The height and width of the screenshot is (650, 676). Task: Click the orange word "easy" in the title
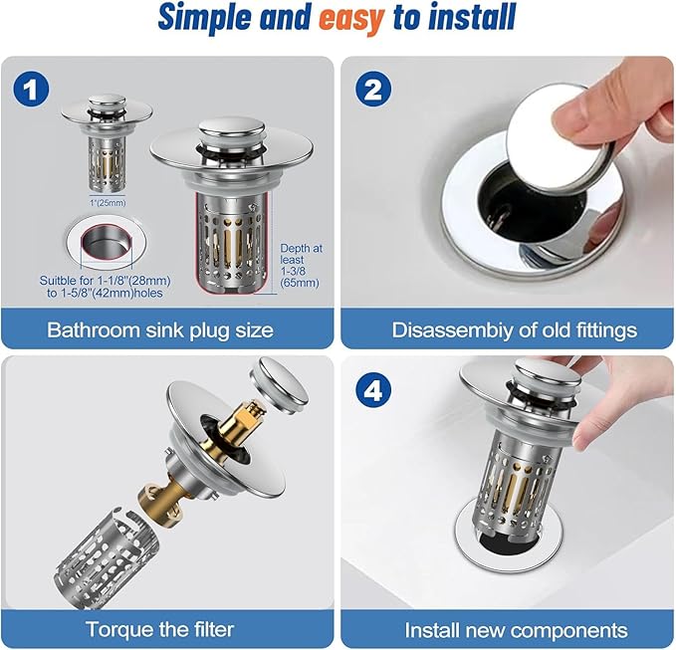coord(351,18)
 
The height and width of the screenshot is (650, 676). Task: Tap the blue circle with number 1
coord(31,90)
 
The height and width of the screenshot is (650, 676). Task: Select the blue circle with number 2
coord(373,90)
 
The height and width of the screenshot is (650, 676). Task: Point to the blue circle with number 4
coord(373,390)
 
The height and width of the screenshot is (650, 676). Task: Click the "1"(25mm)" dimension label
coord(108,203)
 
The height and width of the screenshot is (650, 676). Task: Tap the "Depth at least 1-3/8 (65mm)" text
coord(301,266)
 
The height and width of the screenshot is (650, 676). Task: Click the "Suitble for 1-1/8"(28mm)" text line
coord(106,281)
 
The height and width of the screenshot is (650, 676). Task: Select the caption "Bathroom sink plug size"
coord(160,330)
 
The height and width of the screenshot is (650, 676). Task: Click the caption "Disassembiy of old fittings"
coord(515,330)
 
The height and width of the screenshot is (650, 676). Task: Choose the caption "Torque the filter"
coord(159,629)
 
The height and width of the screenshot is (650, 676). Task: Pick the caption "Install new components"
coord(516,630)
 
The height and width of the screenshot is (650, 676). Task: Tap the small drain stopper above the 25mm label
coord(107,141)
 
